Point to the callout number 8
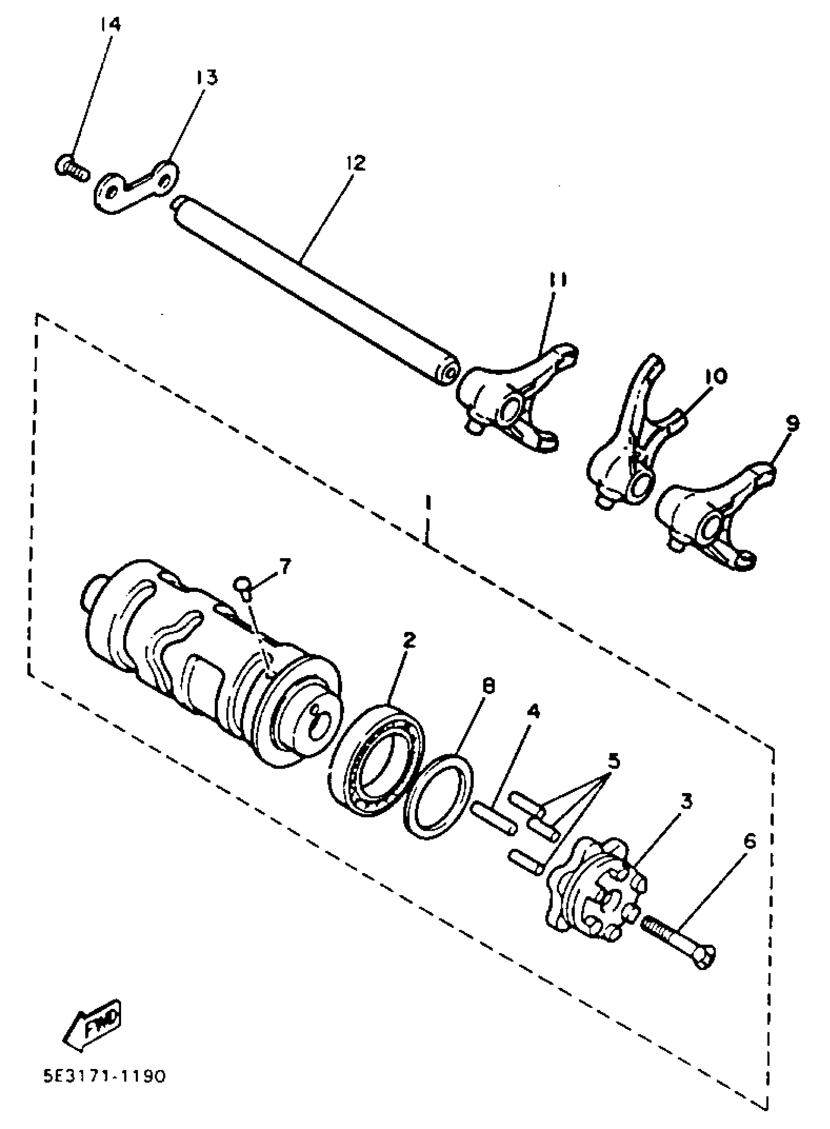pos(487,685)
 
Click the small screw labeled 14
pos(70,168)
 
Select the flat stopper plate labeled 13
pos(136,186)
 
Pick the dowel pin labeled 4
pos(494,818)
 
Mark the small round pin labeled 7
pos(243,585)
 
